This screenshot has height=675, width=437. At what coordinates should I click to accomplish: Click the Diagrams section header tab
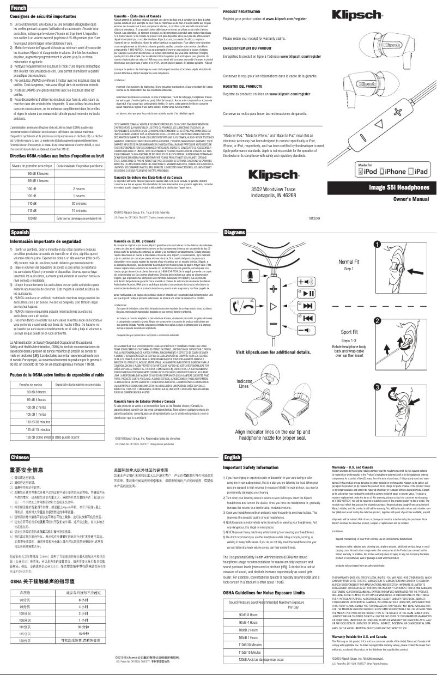[x=235, y=233]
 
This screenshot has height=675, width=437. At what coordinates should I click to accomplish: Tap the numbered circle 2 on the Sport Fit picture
[x=377, y=306]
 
